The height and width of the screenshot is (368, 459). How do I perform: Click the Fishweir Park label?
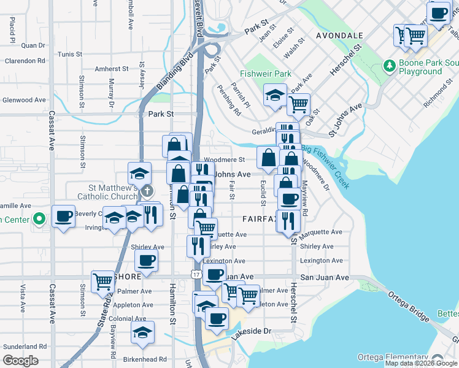coord(266,74)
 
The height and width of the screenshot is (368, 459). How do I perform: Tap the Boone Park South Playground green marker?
coord(388,65)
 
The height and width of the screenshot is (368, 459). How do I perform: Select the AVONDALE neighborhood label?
coord(339,36)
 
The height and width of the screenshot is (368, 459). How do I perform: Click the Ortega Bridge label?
coord(408,305)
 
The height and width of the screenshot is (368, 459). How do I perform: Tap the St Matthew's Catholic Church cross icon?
coord(147,193)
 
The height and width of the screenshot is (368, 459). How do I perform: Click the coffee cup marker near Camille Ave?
coord(63,217)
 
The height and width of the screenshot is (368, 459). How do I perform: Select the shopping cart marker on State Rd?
coord(103,282)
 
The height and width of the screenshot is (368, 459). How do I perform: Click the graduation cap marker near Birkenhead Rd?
coord(142,332)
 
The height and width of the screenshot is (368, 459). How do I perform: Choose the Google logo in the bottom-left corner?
coord(20,361)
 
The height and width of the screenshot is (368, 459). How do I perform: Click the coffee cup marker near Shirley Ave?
coord(146,261)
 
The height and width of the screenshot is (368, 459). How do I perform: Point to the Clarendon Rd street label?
coord(25,61)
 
